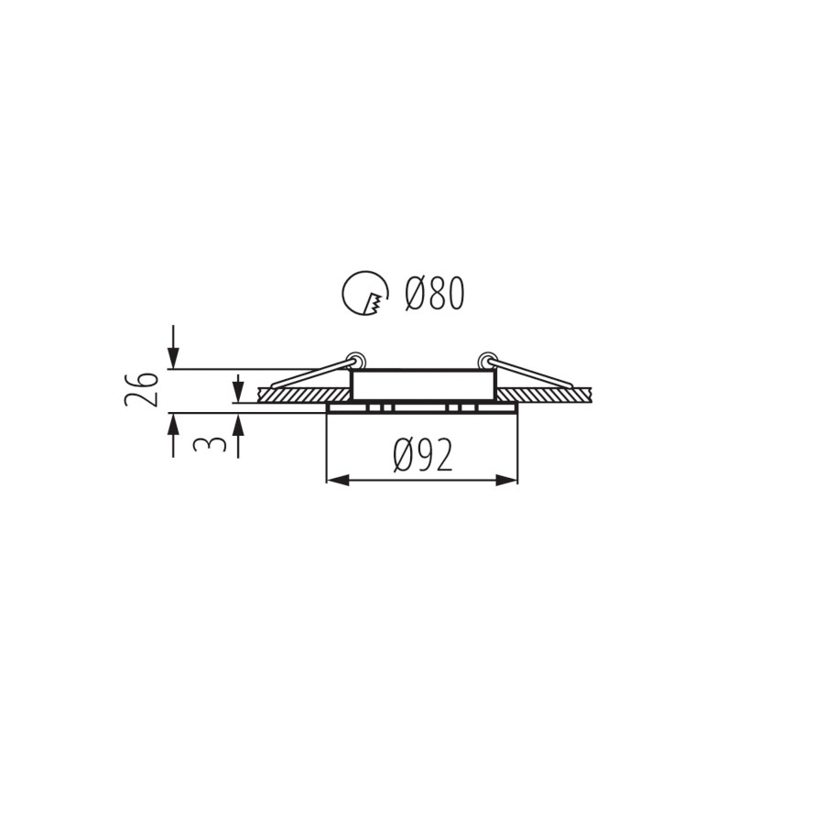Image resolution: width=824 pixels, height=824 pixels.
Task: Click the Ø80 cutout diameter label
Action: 435,293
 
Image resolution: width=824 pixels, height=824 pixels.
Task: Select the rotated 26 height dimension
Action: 141,389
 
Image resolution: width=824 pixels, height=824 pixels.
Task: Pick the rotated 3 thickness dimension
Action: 209,444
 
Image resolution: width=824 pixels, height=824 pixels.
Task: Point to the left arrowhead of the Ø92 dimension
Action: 337,480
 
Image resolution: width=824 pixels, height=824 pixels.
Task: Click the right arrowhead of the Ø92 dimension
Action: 506,480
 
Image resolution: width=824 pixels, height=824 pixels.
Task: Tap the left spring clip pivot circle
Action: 357,361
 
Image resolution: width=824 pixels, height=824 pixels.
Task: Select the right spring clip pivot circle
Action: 485,361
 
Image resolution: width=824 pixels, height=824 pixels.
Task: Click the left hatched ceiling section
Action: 305,395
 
